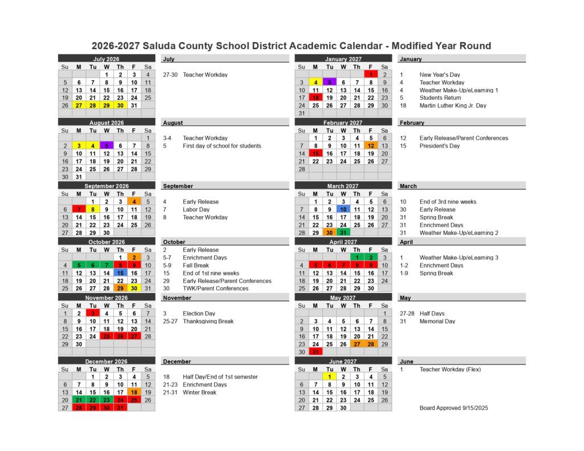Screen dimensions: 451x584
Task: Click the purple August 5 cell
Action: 107,145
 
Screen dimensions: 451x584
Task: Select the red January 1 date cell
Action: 371,74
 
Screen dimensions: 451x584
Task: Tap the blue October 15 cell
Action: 120,273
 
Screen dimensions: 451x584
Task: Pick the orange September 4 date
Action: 134,201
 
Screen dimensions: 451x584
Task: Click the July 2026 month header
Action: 106,59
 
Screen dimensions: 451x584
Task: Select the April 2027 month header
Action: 343,242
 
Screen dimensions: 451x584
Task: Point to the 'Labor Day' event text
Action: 197,209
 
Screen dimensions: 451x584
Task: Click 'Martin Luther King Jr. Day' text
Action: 453,105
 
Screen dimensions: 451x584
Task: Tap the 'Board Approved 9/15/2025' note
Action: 453,408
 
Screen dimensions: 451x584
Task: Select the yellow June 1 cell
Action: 329,376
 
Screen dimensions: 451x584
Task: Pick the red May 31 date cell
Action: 315,352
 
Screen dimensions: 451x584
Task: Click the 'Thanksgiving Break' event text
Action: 208,321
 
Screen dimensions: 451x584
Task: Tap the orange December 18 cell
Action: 134,392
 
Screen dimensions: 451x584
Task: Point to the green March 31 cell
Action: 343,233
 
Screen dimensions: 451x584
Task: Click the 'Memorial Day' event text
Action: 437,321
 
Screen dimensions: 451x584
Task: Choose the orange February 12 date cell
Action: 371,145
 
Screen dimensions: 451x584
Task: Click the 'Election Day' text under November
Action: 199,313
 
